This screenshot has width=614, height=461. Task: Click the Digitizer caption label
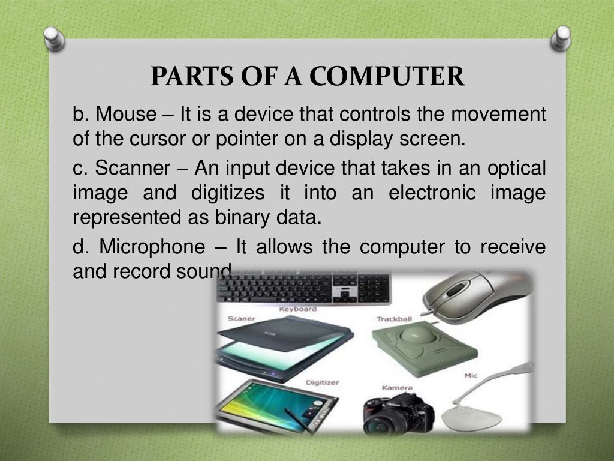point(323,382)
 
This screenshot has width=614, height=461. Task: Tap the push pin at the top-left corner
point(55,38)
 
